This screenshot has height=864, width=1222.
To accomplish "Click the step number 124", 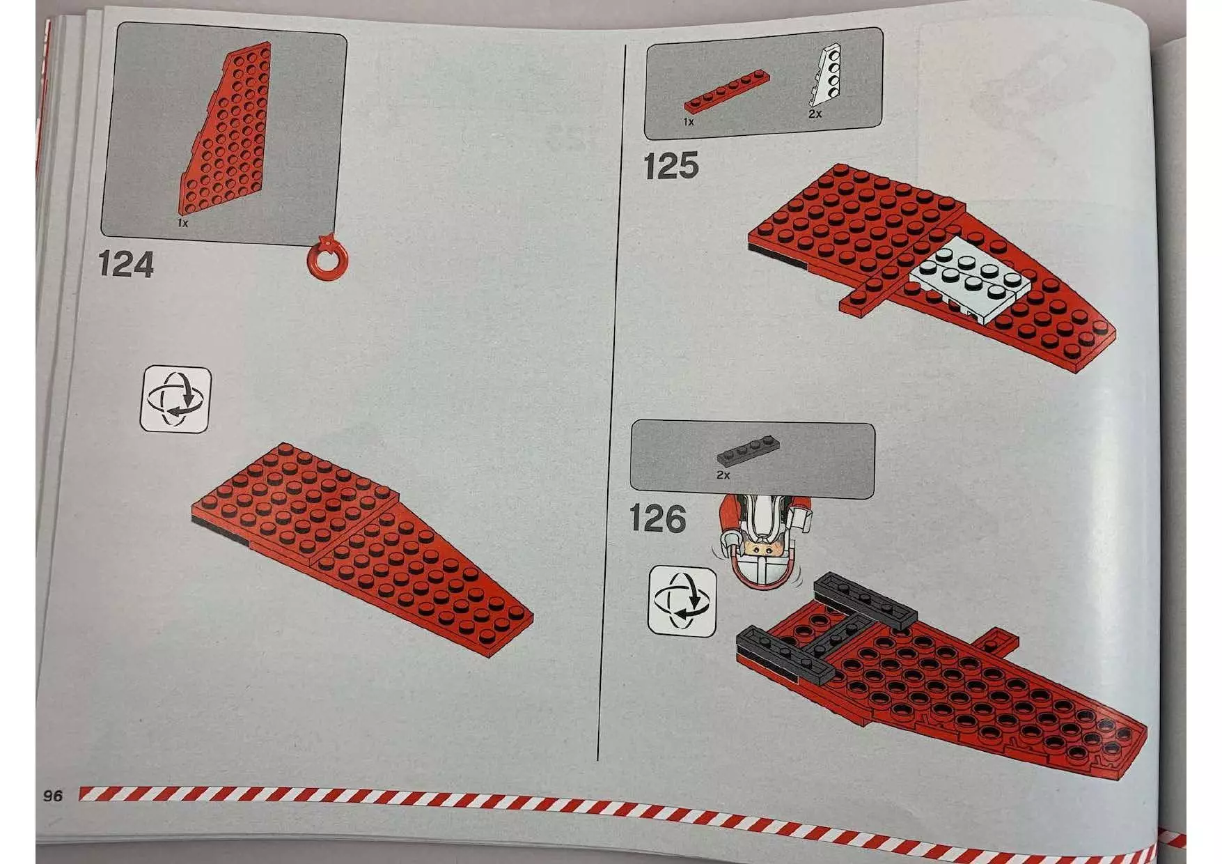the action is [x=125, y=265].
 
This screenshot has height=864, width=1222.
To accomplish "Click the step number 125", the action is [x=671, y=167].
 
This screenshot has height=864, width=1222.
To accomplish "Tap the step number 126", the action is [x=657, y=519].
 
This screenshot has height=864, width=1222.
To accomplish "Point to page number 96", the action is [x=53, y=796].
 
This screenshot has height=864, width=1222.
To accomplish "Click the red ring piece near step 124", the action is [x=326, y=259].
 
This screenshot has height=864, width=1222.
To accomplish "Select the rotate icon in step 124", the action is [x=175, y=399].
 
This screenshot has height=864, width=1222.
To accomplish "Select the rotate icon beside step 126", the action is [x=682, y=601].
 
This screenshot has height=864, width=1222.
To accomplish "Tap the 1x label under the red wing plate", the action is [x=182, y=223].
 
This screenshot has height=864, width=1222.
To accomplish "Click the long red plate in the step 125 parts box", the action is [x=727, y=92].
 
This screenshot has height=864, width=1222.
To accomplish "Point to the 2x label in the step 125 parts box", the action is [x=815, y=114].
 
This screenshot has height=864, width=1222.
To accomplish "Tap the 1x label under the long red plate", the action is [x=689, y=122].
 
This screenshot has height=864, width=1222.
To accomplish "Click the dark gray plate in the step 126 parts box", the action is [x=749, y=452].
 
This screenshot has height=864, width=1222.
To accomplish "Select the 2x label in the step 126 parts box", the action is [x=723, y=475].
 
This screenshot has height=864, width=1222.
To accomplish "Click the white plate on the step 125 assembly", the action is [x=970, y=283].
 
